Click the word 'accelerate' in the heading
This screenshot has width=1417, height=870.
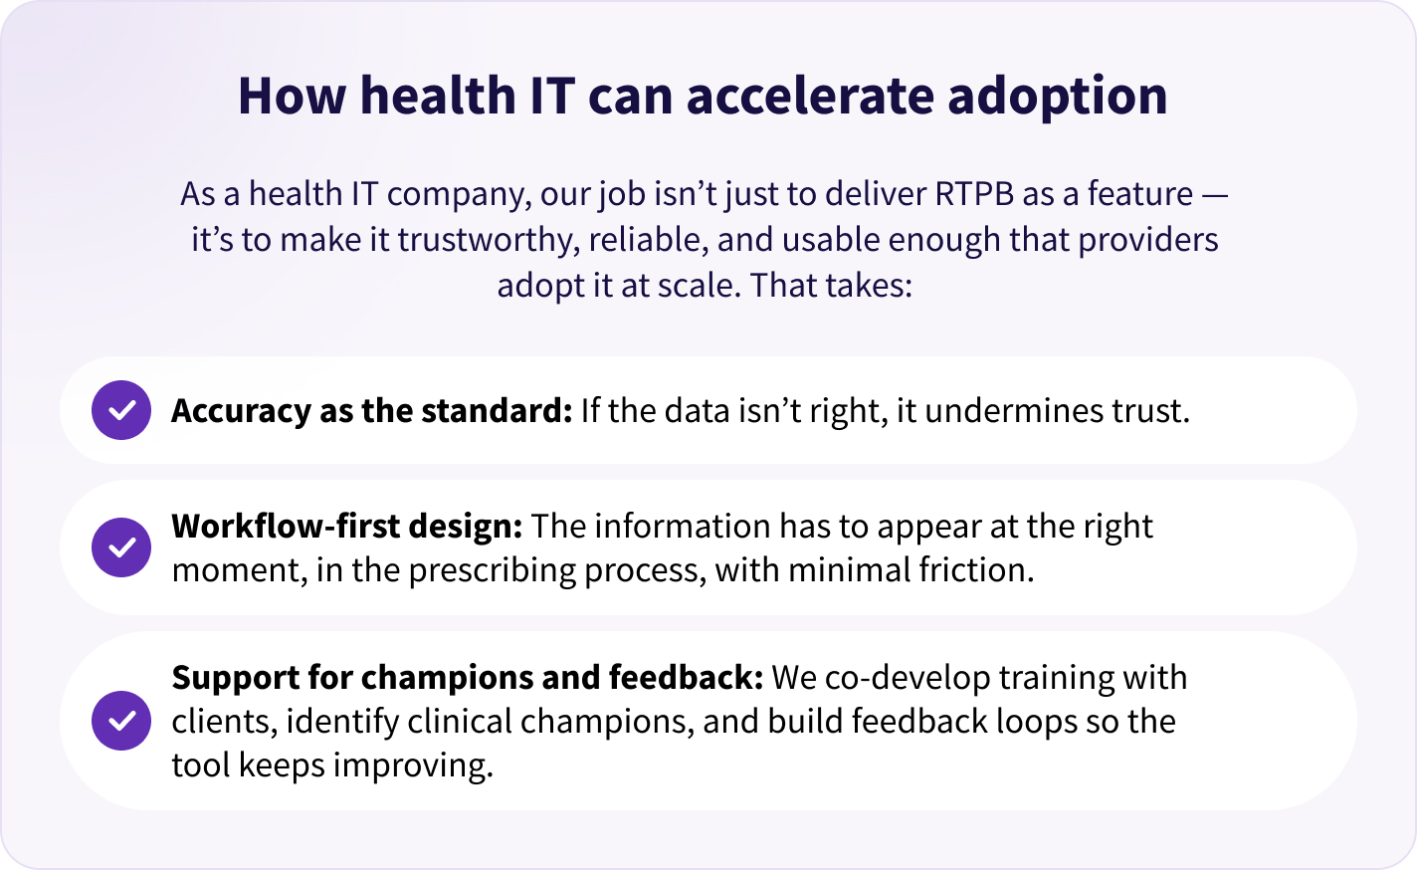click(x=810, y=96)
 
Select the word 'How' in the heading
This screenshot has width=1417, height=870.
click(x=293, y=96)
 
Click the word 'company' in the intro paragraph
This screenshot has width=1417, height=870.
click(x=458, y=195)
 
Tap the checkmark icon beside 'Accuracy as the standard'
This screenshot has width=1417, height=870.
click(x=121, y=410)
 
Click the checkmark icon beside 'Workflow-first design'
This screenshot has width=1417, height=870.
click(x=121, y=547)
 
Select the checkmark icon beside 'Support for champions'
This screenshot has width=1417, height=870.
click(x=121, y=721)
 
